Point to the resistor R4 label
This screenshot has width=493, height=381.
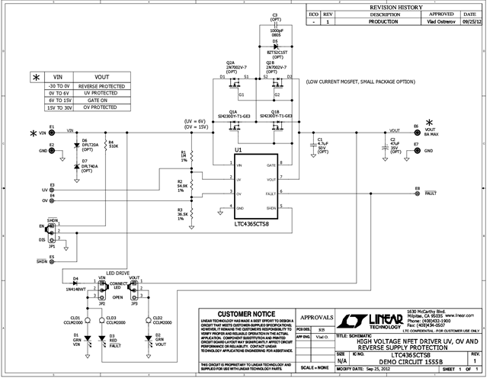pos(112,141)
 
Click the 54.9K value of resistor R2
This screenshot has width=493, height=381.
pos(183,185)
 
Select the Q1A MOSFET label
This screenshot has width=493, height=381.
pos(232,111)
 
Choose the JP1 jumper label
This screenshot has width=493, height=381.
pos(52,246)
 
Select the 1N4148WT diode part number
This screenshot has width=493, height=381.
pos(75,288)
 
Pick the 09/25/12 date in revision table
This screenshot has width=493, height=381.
pos(469,24)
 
